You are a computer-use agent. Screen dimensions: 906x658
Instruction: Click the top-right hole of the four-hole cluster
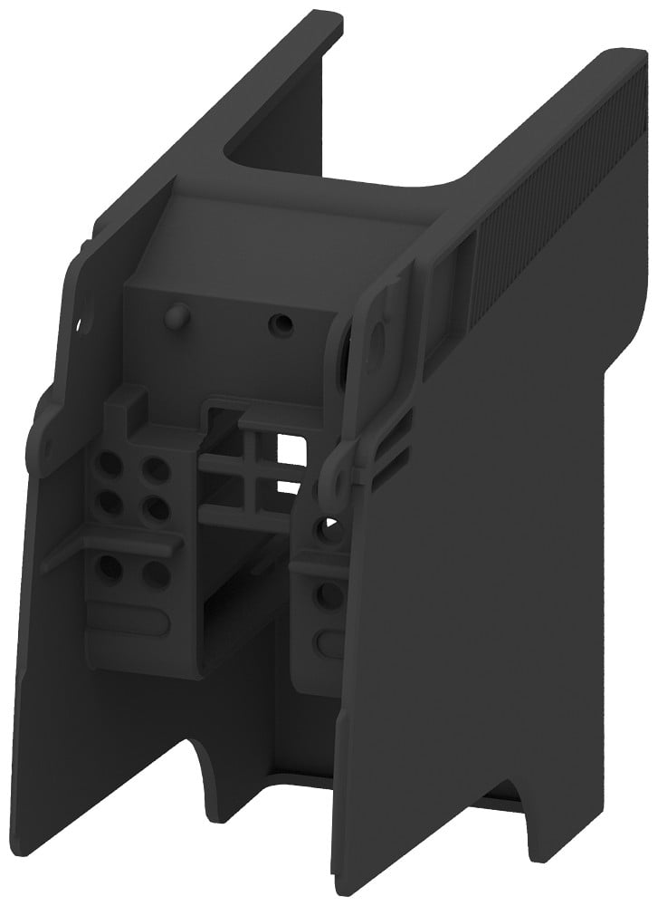[x=157, y=469]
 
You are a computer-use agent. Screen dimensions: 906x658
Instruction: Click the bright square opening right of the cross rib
[x=291, y=445]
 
